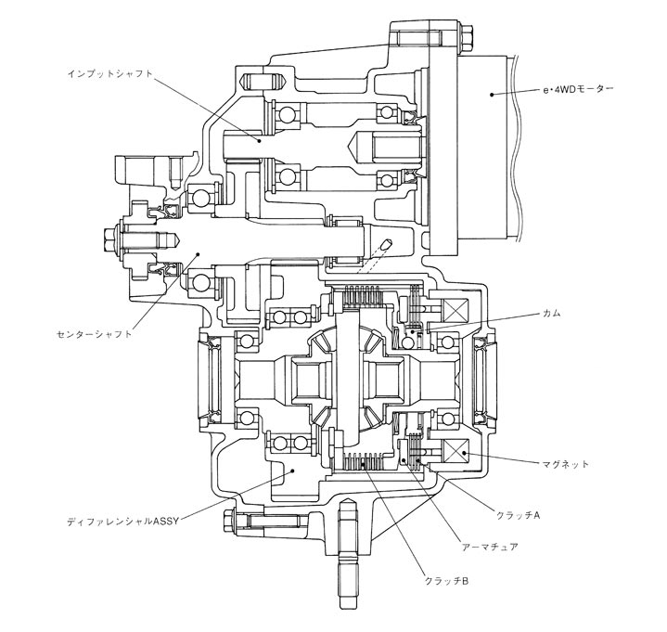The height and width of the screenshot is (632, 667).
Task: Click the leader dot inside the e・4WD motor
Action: coord(492,93)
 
